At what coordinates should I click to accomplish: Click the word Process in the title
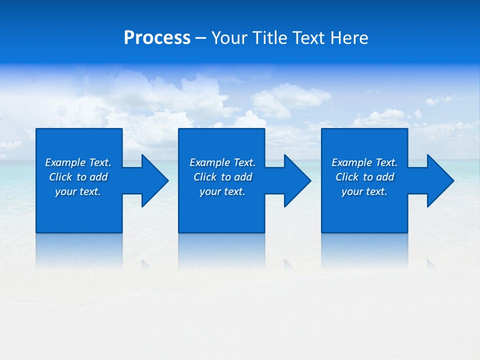pyautogui.click(x=157, y=38)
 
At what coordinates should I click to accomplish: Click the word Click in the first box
pyautogui.click(x=60, y=177)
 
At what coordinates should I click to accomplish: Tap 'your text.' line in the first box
pyautogui.click(x=78, y=191)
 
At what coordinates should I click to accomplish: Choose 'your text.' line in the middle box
pyautogui.click(x=222, y=191)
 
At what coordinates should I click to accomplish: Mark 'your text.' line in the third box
pyautogui.click(x=364, y=191)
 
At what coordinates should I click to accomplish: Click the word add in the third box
pyautogui.click(x=385, y=177)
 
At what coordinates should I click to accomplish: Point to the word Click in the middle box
pyautogui.click(x=205, y=177)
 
